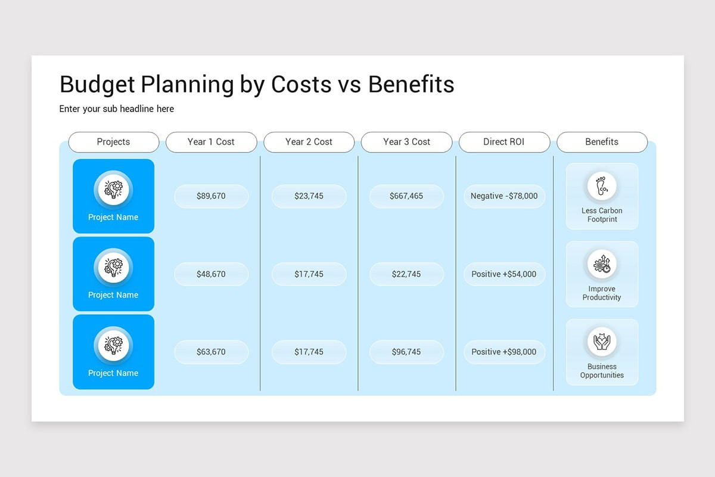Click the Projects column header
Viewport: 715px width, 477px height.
[113, 142]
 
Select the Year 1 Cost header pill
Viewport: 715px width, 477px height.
[211, 142]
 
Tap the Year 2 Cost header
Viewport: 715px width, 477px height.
[309, 142]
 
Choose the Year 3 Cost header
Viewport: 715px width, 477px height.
[406, 142]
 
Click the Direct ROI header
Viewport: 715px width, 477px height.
[504, 142]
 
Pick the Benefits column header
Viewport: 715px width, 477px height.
[602, 142]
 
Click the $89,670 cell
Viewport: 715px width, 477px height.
[211, 196]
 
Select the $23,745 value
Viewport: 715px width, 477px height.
[309, 196]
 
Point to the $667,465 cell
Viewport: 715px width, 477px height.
[406, 196]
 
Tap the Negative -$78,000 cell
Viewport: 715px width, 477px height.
[504, 196]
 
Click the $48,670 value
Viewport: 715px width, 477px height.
[211, 274]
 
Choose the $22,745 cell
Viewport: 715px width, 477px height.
[406, 274]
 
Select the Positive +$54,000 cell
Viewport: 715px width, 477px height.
[504, 274]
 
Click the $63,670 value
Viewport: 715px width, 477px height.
[211, 352]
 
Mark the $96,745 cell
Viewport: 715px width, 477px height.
[406, 352]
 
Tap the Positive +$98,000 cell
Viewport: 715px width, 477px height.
[504, 352]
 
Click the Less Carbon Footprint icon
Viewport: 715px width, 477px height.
[602, 186]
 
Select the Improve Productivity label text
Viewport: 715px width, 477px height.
[602, 293]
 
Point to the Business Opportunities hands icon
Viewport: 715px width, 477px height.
[602, 342]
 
